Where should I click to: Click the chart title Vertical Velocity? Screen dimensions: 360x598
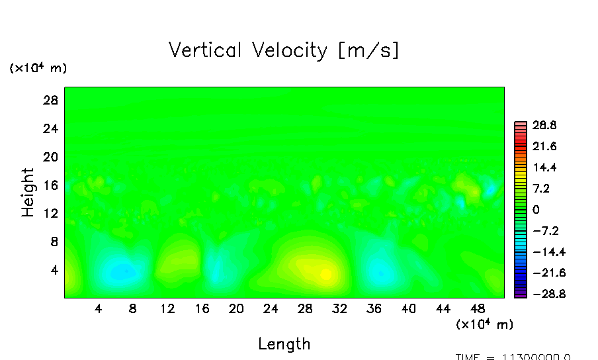[284, 50]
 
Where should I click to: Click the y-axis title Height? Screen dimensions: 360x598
[28, 192]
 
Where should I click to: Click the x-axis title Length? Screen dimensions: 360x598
[284, 343]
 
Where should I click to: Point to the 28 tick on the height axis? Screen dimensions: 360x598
[52, 101]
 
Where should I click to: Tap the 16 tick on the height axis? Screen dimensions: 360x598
[52, 185]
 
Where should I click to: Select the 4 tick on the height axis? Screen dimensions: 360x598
[55, 270]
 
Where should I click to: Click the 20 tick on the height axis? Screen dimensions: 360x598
[52, 157]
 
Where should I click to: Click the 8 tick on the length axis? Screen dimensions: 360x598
[133, 308]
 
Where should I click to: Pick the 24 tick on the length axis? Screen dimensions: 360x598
[271, 308]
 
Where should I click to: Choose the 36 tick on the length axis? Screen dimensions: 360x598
[374, 308]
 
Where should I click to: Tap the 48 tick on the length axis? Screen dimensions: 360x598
[478, 308]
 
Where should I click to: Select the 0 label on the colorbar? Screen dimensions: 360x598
[536, 210]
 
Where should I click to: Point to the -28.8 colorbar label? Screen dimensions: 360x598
[542, 294]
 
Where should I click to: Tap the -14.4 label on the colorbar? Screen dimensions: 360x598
[542, 252]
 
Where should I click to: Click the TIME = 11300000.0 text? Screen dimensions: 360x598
[513, 357]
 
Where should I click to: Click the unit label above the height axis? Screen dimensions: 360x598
[38, 68]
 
